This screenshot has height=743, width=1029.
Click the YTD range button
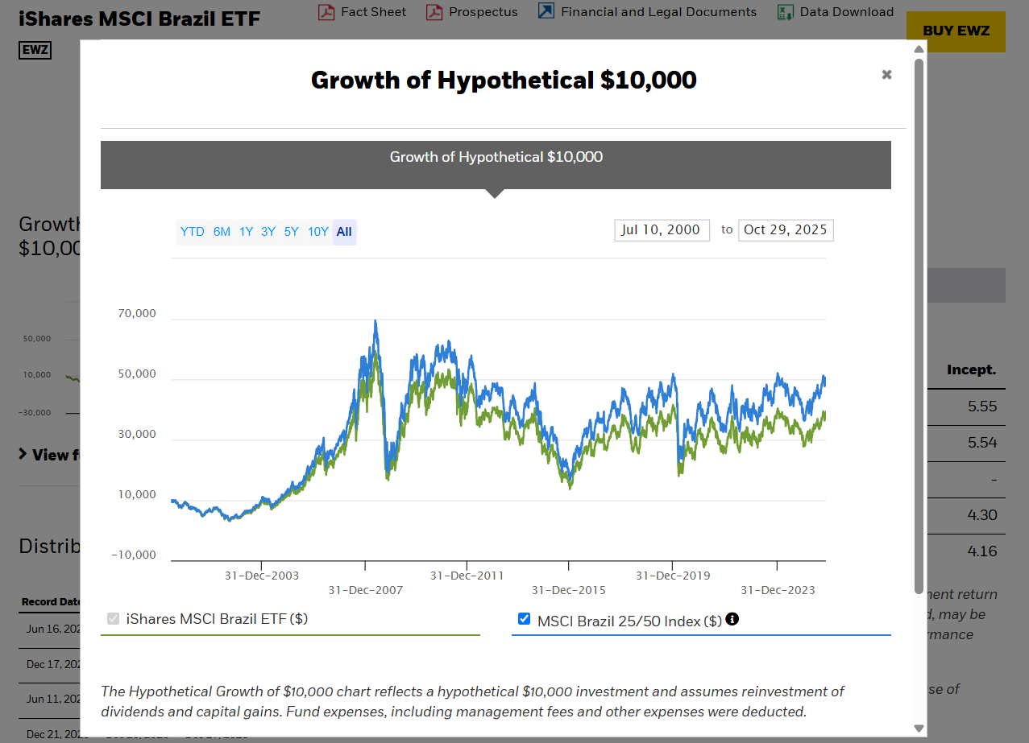[x=193, y=232]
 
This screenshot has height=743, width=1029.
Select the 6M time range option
[x=222, y=232]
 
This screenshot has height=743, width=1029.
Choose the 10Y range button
[x=318, y=232]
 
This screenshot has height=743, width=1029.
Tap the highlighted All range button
[x=344, y=232]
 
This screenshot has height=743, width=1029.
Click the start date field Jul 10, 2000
[x=662, y=230]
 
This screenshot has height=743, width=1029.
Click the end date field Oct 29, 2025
[x=786, y=230]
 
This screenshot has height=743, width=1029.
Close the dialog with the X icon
[x=886, y=75]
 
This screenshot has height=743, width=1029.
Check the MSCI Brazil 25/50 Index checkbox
[x=525, y=619]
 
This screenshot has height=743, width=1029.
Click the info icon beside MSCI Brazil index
[x=732, y=619]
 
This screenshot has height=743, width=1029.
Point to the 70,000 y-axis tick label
[x=137, y=314]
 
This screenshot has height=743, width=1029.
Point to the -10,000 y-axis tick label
[x=135, y=555]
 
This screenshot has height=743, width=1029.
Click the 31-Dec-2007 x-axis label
[x=365, y=590]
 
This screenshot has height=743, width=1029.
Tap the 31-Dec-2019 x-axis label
[x=673, y=576]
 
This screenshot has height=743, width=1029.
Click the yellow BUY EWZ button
[x=956, y=31]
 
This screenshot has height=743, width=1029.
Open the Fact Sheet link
[x=373, y=12]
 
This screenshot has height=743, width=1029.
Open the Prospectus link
[x=483, y=12]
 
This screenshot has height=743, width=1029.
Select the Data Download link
[x=846, y=12]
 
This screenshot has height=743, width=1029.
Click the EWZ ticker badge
[x=35, y=50]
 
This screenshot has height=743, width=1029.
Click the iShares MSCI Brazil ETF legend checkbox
[x=114, y=619]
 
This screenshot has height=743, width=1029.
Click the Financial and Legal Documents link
[x=658, y=12]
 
